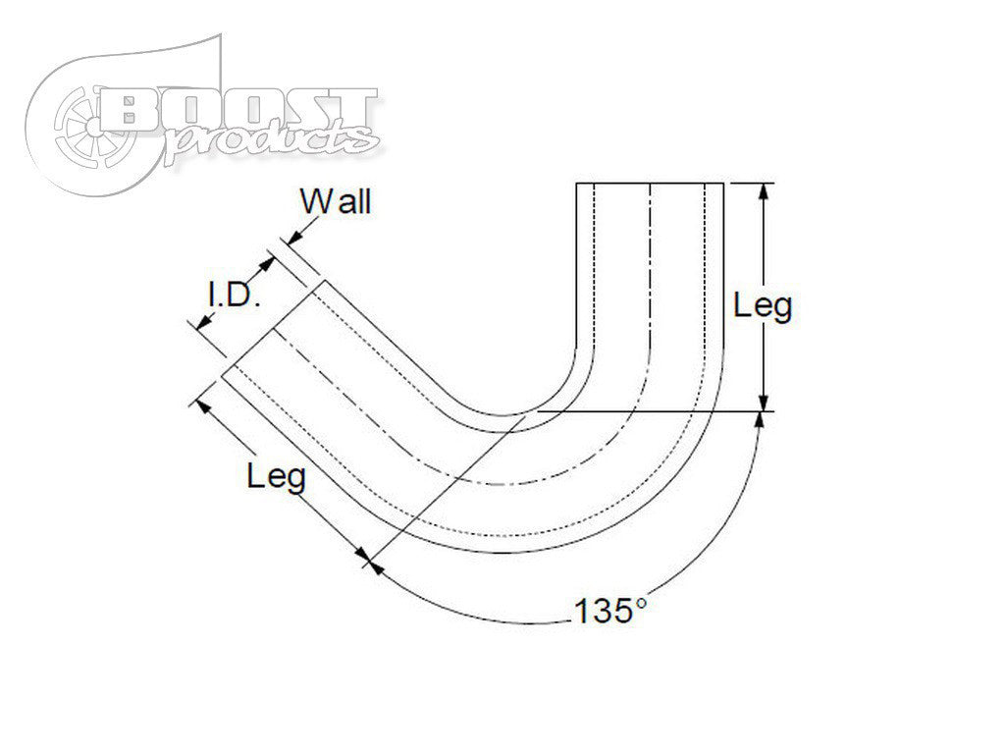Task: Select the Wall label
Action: pyautogui.click(x=336, y=203)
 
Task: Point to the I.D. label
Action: pyautogui.click(x=233, y=296)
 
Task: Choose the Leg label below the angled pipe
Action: pyautogui.click(x=276, y=478)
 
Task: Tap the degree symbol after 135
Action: pyautogui.click(x=640, y=603)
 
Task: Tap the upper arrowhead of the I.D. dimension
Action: pyautogui.click(x=267, y=263)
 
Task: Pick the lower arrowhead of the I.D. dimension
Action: pyautogui.click(x=202, y=324)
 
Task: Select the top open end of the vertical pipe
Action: pyautogui.click(x=650, y=184)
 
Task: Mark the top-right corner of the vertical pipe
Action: pyautogui.click(x=724, y=184)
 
